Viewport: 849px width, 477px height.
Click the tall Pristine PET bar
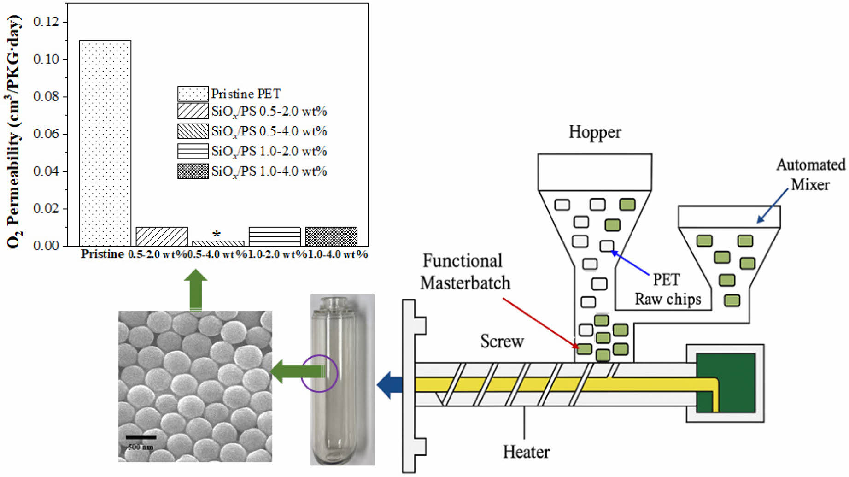(105, 143)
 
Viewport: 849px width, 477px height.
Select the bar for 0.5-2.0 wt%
(162, 236)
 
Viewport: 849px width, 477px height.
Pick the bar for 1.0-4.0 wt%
(331, 236)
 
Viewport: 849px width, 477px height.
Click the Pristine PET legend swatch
(193, 94)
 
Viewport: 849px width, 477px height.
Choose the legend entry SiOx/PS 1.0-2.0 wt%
(269, 151)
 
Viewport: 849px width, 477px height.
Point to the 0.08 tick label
(46, 96)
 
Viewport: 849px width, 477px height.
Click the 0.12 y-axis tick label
(46, 22)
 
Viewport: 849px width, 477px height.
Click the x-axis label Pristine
(102, 254)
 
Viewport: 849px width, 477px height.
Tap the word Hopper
(595, 132)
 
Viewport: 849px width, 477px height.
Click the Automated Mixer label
(810, 175)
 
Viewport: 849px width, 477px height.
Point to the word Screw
(502, 342)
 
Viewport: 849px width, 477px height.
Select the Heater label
(526, 452)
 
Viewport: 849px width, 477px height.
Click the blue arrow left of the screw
(389, 384)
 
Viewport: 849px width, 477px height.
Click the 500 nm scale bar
(141, 437)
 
